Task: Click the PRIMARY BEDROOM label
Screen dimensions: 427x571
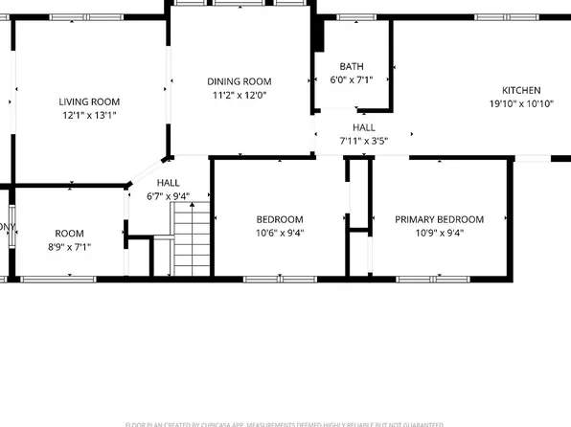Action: [x=440, y=219]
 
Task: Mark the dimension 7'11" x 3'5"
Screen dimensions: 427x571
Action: [x=364, y=142]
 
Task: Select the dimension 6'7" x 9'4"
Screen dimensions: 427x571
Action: [x=169, y=196]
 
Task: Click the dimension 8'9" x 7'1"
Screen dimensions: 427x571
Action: [x=68, y=247]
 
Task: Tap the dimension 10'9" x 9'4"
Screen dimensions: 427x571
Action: [x=440, y=233]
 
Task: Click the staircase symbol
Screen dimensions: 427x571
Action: [x=190, y=244]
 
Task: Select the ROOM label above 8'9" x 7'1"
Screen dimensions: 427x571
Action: [x=69, y=234]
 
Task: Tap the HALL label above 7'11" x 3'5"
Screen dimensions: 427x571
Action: [x=364, y=127]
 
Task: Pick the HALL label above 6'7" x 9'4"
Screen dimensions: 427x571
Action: [x=169, y=182]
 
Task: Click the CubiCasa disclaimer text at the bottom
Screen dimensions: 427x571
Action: [x=285, y=423]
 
